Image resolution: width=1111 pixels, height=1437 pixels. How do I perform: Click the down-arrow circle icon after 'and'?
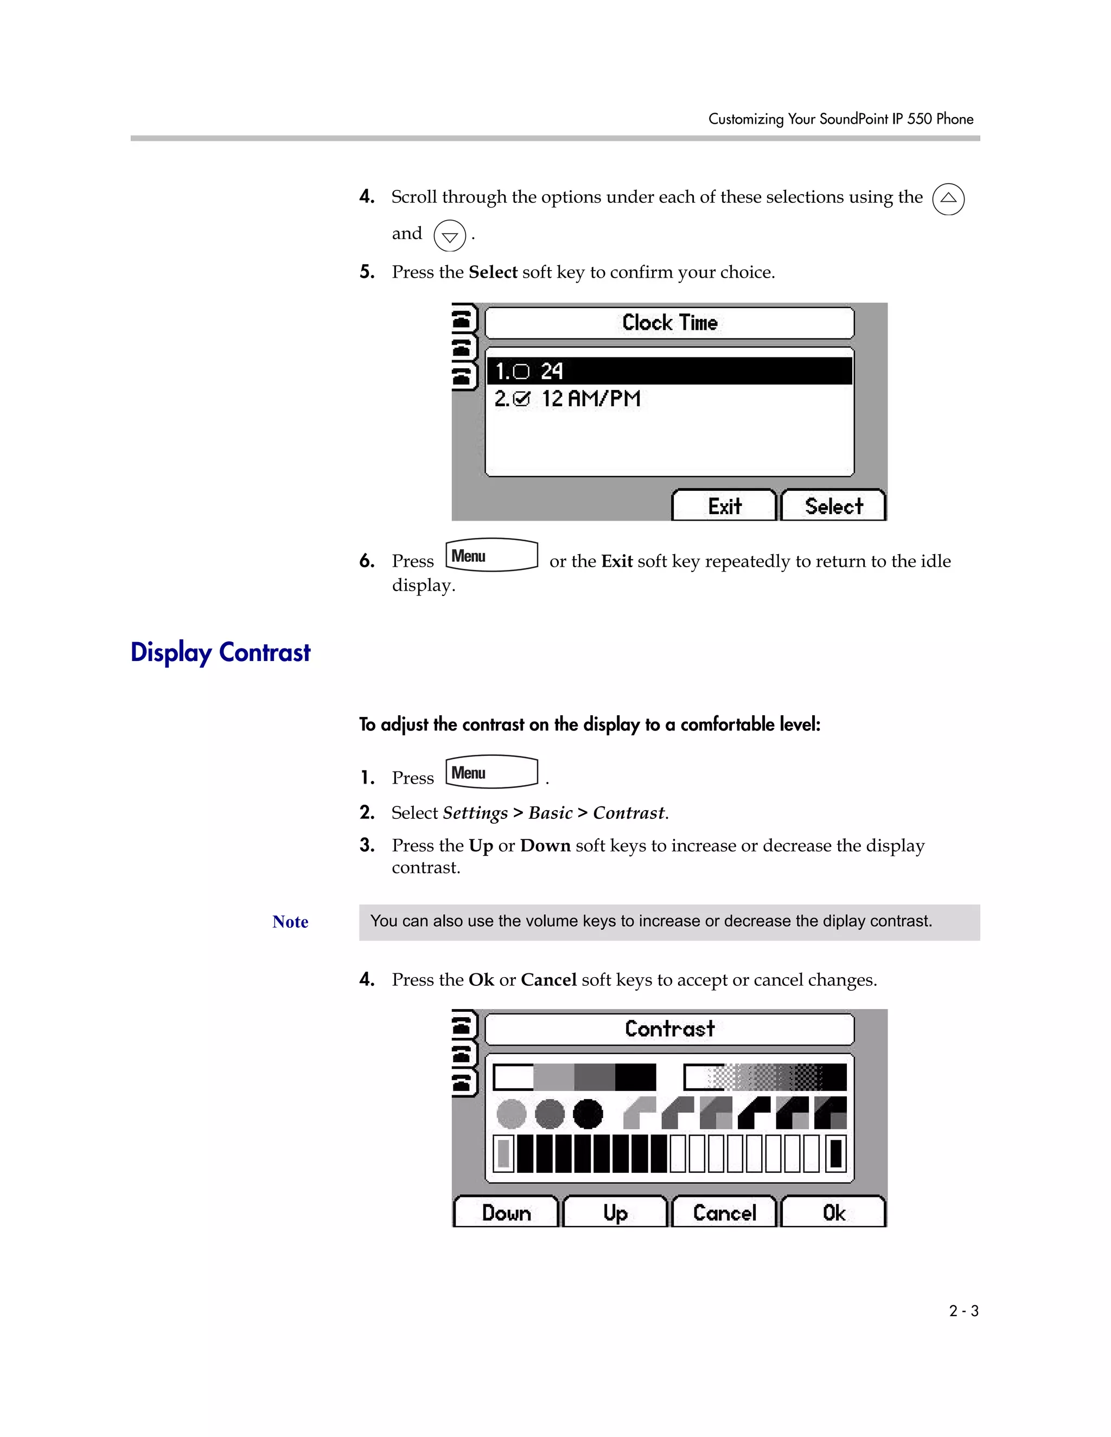click(450, 235)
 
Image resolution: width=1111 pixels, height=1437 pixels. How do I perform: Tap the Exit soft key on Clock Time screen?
click(724, 506)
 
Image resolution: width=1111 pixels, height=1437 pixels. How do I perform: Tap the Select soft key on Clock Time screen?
click(833, 506)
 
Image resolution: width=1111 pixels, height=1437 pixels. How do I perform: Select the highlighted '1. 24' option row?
click(669, 371)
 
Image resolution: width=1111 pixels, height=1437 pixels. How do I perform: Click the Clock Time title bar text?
click(669, 323)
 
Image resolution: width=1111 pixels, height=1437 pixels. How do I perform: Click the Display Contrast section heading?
click(220, 652)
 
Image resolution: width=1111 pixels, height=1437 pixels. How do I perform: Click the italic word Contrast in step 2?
click(629, 813)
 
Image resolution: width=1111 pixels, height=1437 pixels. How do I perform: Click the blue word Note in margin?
click(290, 922)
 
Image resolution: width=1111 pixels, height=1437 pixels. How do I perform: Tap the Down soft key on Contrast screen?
click(506, 1213)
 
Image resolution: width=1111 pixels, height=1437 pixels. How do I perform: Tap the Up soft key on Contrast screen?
click(615, 1213)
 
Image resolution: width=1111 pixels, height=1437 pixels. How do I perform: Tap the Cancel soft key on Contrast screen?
click(724, 1213)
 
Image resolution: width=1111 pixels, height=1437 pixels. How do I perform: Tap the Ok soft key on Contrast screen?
click(833, 1213)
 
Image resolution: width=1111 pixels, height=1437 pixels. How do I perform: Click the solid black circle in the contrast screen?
click(588, 1114)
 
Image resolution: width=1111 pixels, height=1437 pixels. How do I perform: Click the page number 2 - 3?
click(963, 1311)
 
